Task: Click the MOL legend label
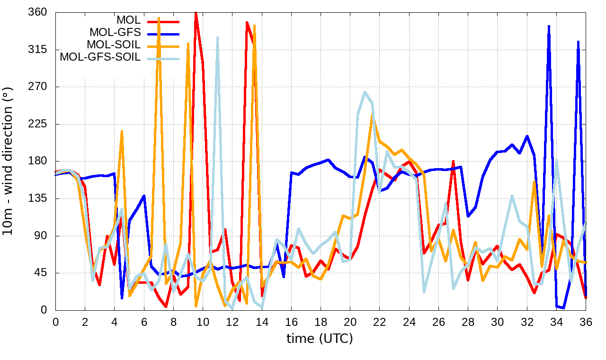point(128,20)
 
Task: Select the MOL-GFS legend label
point(115,33)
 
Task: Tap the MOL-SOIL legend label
point(114,45)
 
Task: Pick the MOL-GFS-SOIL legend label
point(100,57)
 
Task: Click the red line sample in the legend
point(164,21)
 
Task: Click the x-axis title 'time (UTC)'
point(320,339)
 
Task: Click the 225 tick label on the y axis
point(37,124)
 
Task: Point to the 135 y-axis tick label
point(37,198)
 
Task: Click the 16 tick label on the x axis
point(291,322)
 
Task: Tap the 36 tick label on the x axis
point(586,322)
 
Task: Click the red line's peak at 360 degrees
point(196,13)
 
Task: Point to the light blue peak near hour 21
point(365,92)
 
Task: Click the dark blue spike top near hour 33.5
point(549,26)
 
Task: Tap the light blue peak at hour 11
point(217,37)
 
